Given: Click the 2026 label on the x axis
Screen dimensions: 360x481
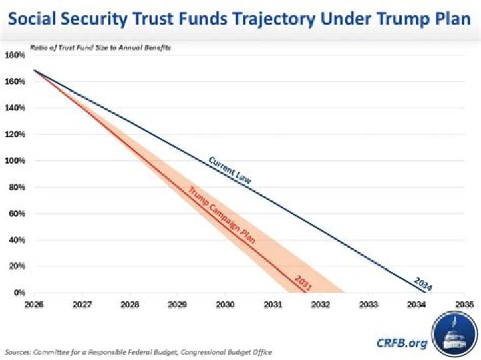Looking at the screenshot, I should pos(34,303).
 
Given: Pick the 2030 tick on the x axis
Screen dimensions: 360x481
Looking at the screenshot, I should pos(225,303).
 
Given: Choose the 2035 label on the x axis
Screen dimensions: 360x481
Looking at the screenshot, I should pos(464,303).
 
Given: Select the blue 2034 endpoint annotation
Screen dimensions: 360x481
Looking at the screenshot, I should pos(422,283).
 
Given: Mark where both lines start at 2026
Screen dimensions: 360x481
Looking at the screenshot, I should pos(34,71).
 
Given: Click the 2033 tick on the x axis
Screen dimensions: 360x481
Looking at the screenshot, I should pos(369,303).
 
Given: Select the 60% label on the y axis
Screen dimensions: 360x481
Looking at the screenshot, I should pos(15,214).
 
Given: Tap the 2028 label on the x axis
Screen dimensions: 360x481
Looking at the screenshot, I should pos(130,303).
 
